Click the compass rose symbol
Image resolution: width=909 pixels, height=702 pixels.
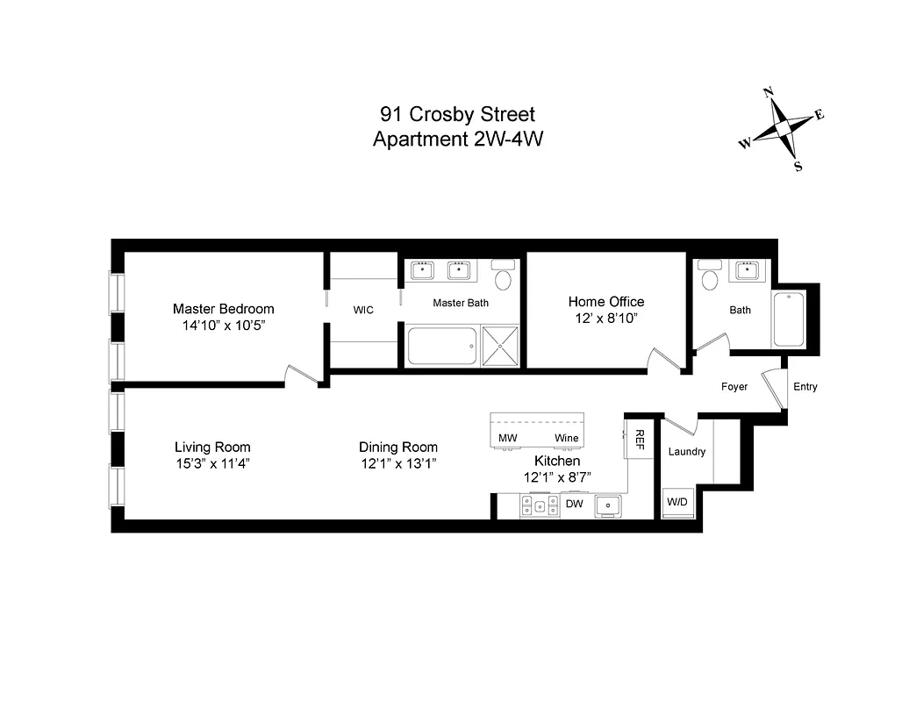pyautogui.click(x=784, y=130)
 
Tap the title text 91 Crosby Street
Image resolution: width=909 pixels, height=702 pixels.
pyautogui.click(x=457, y=114)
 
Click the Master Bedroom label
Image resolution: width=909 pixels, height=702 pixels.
pyautogui.click(x=223, y=309)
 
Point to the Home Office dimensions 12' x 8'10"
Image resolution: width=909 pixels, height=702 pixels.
pyautogui.click(x=605, y=319)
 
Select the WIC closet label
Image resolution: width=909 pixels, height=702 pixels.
pyautogui.click(x=363, y=310)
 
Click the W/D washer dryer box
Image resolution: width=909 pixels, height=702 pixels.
pyautogui.click(x=676, y=503)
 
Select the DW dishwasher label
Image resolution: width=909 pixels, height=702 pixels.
pyautogui.click(x=574, y=504)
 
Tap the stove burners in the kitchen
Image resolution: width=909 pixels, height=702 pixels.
pyautogui.click(x=539, y=505)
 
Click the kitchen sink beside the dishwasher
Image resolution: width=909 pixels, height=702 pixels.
pyautogui.click(x=607, y=505)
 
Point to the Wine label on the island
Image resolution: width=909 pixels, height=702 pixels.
pyautogui.click(x=566, y=438)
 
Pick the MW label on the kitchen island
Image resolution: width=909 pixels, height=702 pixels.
pyautogui.click(x=507, y=438)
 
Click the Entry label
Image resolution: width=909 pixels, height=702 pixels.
pyautogui.click(x=805, y=387)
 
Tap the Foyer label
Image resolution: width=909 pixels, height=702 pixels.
pyautogui.click(x=734, y=387)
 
